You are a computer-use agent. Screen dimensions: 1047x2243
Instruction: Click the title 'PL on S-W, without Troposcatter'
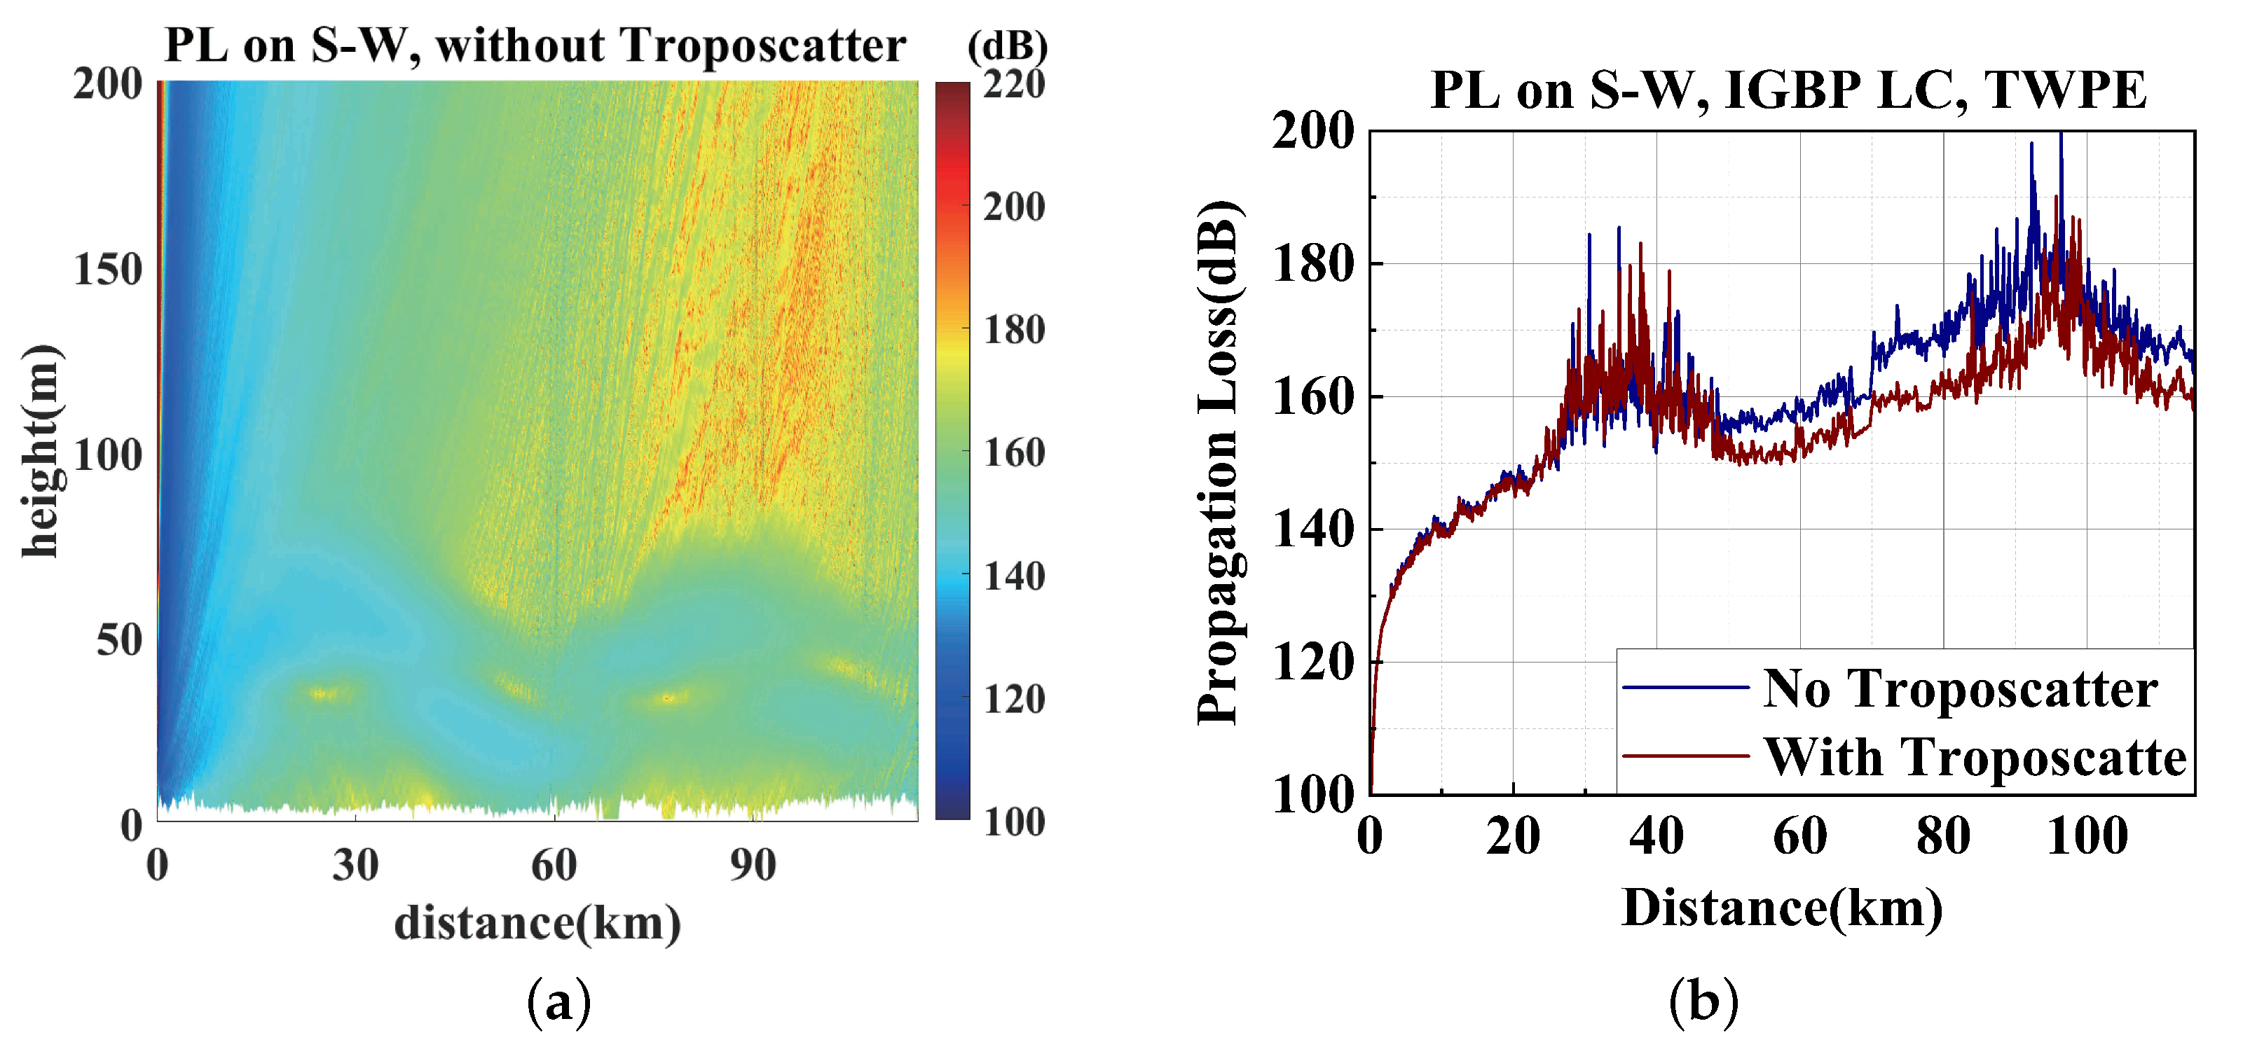point(535,46)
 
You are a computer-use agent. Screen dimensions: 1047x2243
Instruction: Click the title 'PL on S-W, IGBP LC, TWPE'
point(1788,90)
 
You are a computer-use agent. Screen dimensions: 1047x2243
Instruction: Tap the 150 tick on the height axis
point(108,270)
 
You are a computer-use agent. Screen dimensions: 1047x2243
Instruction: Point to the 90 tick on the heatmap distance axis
point(753,865)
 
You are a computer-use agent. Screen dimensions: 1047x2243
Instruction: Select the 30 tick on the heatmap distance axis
point(355,865)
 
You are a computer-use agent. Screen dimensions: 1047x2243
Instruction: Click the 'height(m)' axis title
point(41,451)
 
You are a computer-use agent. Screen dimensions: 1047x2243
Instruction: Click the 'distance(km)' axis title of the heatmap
point(537,922)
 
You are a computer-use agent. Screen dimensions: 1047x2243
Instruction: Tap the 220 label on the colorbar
point(1013,85)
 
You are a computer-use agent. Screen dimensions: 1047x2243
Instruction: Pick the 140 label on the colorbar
point(1013,576)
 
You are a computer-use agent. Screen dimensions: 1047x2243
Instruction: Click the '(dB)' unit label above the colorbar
point(1008,46)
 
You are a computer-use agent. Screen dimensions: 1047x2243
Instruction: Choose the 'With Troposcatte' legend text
point(1975,756)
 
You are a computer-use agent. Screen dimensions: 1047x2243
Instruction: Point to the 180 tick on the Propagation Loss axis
point(1314,265)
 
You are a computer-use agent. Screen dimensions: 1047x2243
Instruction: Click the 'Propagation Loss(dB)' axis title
point(1219,462)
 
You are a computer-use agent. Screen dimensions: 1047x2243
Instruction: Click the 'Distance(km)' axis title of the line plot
point(1781,908)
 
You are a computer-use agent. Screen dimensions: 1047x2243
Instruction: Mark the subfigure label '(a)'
point(559,1001)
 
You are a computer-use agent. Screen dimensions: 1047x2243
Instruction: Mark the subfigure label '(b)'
point(1703,1001)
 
